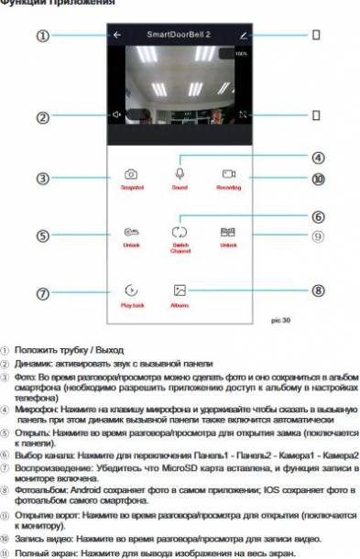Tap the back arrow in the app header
click(x=117, y=36)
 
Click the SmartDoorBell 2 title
click(x=180, y=35)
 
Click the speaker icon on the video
click(x=116, y=115)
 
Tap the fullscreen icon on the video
click(x=243, y=115)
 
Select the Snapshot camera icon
click(x=132, y=173)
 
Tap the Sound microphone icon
click(x=180, y=172)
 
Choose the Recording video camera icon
click(x=228, y=172)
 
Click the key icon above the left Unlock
click(x=132, y=233)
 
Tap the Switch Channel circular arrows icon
click(x=180, y=234)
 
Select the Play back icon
click(x=132, y=289)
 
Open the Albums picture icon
click(x=180, y=289)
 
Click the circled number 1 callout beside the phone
click(x=42, y=36)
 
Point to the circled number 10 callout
click(x=318, y=180)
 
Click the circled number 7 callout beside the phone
click(x=42, y=294)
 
